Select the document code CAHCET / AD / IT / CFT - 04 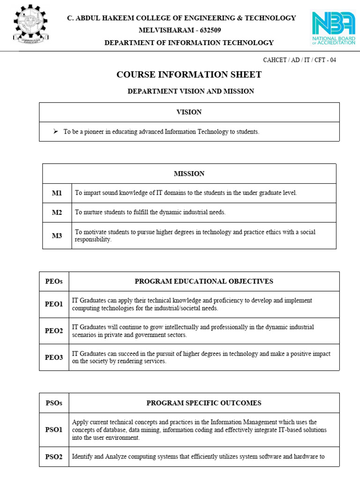pos(300,60)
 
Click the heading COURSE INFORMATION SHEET pos(189,75)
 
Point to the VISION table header pos(189,112)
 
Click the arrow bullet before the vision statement pos(55,132)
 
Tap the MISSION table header pos(189,173)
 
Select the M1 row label pos(57,193)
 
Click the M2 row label pos(57,212)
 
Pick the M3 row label pos(57,236)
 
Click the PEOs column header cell pos(54,281)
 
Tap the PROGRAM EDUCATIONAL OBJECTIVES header pos(204,281)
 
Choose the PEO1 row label pos(54,304)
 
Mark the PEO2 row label pos(54,331)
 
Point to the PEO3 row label pos(54,357)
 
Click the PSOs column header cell pos(54,403)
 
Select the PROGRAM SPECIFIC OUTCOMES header pos(204,403)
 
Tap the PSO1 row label pos(54,429)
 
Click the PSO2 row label pos(54,457)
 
